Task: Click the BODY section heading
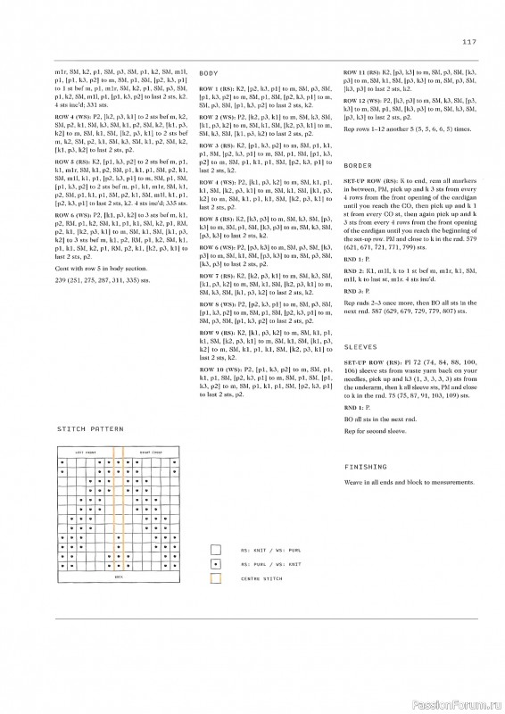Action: point(209,71)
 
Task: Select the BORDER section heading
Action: point(358,166)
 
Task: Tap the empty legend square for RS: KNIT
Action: point(216,551)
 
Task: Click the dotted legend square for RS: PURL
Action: point(216,565)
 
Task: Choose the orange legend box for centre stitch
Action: point(216,580)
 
